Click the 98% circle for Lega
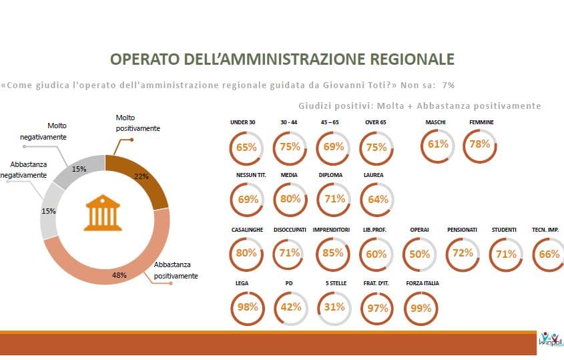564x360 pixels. tap(246, 308)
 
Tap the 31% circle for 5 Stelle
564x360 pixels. tap(334, 308)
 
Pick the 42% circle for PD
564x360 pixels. tap(290, 308)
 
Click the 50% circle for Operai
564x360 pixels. tap(419, 254)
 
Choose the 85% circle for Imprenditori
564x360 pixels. tap(333, 254)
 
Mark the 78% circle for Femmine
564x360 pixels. tap(480, 145)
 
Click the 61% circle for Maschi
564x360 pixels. tap(438, 145)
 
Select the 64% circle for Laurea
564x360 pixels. tap(377, 198)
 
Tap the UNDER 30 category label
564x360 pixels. tap(243, 122)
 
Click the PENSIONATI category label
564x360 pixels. tap(463, 230)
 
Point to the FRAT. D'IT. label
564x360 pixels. tap(376, 283)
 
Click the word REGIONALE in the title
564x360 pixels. tap(402, 59)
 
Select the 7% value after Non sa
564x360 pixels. tap(448, 85)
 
